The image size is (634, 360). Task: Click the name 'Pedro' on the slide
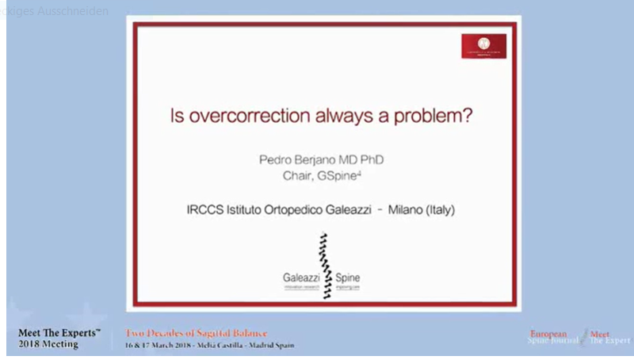click(275, 160)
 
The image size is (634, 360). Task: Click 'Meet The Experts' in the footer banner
click(59, 332)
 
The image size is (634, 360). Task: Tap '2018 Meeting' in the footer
click(48, 344)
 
